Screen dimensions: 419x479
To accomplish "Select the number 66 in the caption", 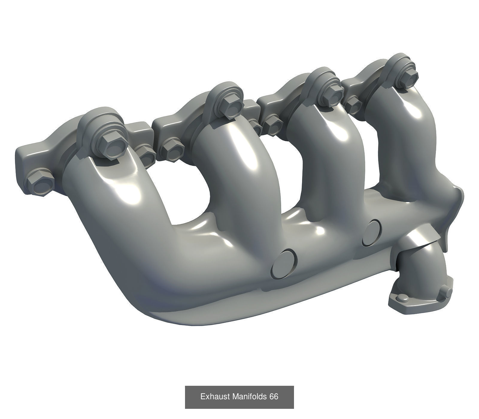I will [274, 397].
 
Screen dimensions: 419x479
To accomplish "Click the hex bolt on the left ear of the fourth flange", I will [354, 102].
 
